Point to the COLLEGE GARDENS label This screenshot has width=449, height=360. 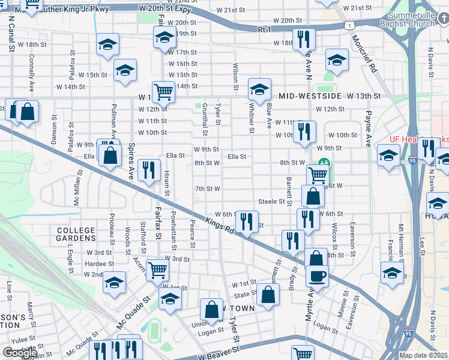pyautogui.click(x=76, y=235)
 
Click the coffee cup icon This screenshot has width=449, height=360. pyautogui.click(x=316, y=275)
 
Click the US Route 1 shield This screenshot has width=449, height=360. pyautogui.click(x=349, y=25)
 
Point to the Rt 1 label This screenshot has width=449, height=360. pyautogui.click(x=265, y=29)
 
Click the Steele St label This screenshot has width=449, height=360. pyautogui.click(x=271, y=202)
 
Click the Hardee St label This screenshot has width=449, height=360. pyautogui.click(x=100, y=263)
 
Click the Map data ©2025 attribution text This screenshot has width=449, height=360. pyautogui.click(x=424, y=355)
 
